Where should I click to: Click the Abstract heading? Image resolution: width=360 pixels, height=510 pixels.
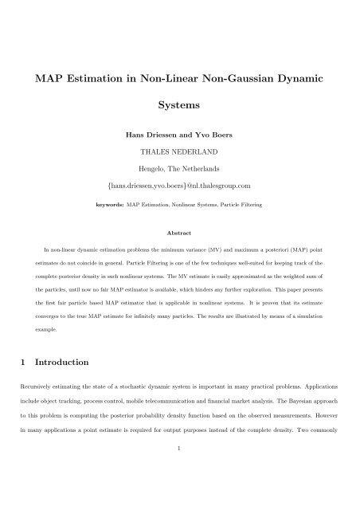click(x=180, y=255)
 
